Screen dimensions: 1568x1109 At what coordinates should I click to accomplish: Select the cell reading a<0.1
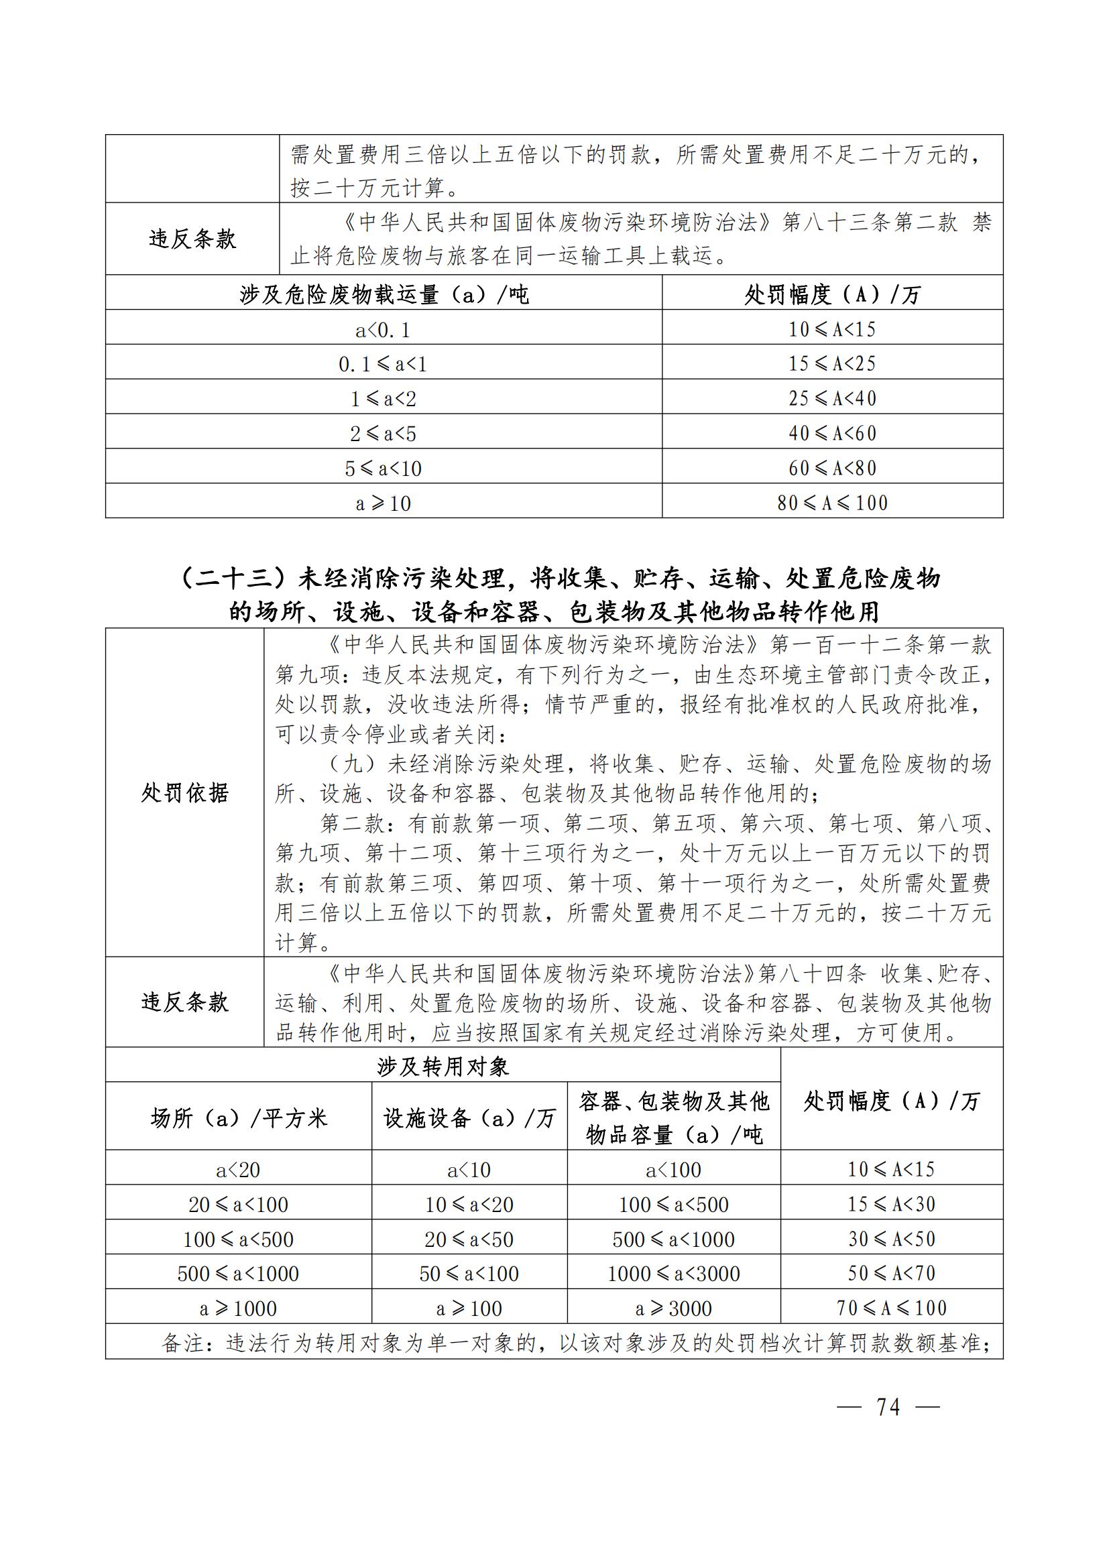[x=383, y=330]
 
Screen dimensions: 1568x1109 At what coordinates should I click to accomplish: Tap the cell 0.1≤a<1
[x=383, y=365]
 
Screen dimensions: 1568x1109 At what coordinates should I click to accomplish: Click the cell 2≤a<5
[x=383, y=434]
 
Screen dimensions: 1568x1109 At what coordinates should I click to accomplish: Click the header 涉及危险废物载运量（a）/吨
[x=384, y=295]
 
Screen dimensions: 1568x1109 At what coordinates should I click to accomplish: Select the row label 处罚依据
[x=184, y=794]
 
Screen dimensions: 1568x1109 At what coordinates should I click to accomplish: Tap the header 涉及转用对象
[x=443, y=1067]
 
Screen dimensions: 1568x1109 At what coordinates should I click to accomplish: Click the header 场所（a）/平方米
[x=239, y=1119]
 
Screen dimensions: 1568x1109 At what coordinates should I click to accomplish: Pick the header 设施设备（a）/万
[x=469, y=1119]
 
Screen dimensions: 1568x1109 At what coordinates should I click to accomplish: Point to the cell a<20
[x=238, y=1170]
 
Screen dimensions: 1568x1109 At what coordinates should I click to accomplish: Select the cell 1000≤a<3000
[x=673, y=1274]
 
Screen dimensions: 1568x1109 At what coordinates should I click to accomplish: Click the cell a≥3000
[x=673, y=1309]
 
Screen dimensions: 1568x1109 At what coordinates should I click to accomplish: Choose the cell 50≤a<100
[x=469, y=1274]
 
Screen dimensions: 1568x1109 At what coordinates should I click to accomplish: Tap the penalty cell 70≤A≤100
[x=892, y=1308]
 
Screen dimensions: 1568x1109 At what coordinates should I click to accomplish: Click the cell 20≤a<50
[x=469, y=1240]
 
